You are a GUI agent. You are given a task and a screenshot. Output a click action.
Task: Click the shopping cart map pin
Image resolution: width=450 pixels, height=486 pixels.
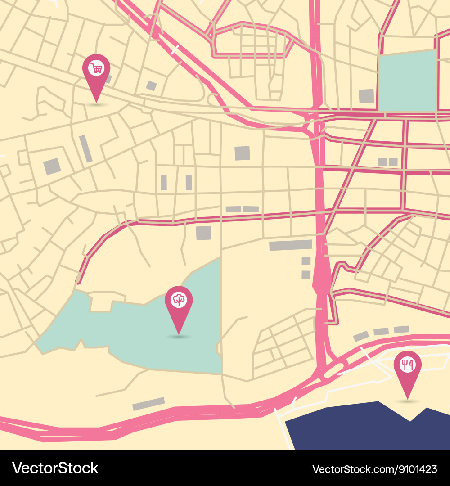[x=96, y=74]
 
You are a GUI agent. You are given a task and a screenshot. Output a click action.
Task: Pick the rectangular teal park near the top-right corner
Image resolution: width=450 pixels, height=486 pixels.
[x=408, y=81]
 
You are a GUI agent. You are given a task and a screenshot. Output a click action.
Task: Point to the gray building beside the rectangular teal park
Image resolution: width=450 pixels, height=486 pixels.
[x=366, y=96]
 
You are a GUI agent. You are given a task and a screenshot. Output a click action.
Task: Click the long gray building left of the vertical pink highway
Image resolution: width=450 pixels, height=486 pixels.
[x=290, y=245]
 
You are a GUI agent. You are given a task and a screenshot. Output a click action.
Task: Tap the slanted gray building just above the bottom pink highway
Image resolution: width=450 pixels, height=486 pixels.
[x=148, y=404]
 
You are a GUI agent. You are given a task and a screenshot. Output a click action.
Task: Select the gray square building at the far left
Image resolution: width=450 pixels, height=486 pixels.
[x=52, y=166]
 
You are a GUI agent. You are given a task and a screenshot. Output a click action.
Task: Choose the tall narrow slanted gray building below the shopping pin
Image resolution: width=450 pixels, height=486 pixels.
[x=85, y=148]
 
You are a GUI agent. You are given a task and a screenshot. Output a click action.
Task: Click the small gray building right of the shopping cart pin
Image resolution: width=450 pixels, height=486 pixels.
[x=152, y=85]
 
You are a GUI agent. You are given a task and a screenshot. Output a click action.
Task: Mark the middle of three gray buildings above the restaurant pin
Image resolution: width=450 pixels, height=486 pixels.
[x=381, y=332]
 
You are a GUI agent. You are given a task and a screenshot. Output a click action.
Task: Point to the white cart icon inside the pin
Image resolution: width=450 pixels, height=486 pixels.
[x=96, y=68]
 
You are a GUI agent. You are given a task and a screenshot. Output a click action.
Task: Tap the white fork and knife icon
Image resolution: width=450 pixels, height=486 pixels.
[x=407, y=364]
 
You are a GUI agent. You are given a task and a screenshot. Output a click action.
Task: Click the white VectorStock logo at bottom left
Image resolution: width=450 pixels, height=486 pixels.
[x=55, y=468]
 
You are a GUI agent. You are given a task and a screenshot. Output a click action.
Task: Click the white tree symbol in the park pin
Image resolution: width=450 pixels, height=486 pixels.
[x=179, y=300]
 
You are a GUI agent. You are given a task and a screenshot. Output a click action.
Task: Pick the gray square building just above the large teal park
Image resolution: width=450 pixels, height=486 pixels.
[x=203, y=233]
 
